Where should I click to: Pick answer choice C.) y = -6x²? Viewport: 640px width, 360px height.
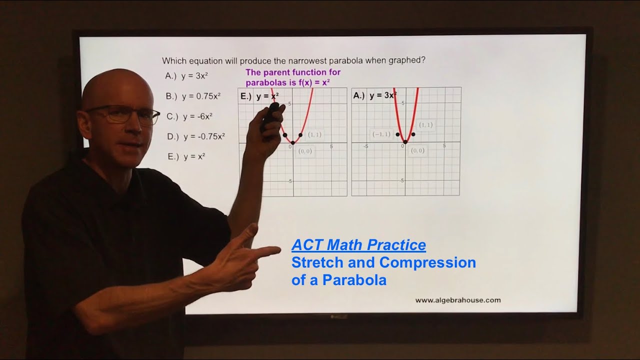click(x=190, y=116)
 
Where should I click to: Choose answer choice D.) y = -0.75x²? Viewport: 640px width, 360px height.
click(x=196, y=136)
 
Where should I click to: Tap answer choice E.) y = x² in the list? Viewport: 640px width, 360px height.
click(x=186, y=156)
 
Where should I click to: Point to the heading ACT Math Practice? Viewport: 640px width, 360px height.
click(x=358, y=245)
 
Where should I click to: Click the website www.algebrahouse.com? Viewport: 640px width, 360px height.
click(x=457, y=300)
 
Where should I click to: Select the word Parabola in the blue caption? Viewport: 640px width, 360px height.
click(x=354, y=280)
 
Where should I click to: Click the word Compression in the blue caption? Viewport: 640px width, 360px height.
click(x=427, y=262)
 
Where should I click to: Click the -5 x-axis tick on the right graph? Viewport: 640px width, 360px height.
click(x=366, y=146)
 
